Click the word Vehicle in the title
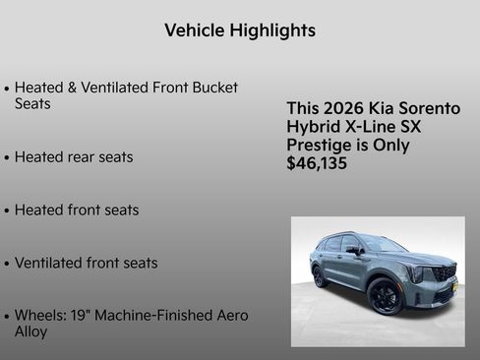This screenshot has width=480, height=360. click(x=194, y=30)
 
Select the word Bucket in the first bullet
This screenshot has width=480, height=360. click(x=214, y=88)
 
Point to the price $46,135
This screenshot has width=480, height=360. click(x=317, y=164)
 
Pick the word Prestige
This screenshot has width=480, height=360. click(x=323, y=146)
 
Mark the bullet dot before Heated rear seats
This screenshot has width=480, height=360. click(x=7, y=158)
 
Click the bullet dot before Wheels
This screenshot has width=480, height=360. click(x=7, y=317)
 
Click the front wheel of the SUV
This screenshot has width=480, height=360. click(x=385, y=296)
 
